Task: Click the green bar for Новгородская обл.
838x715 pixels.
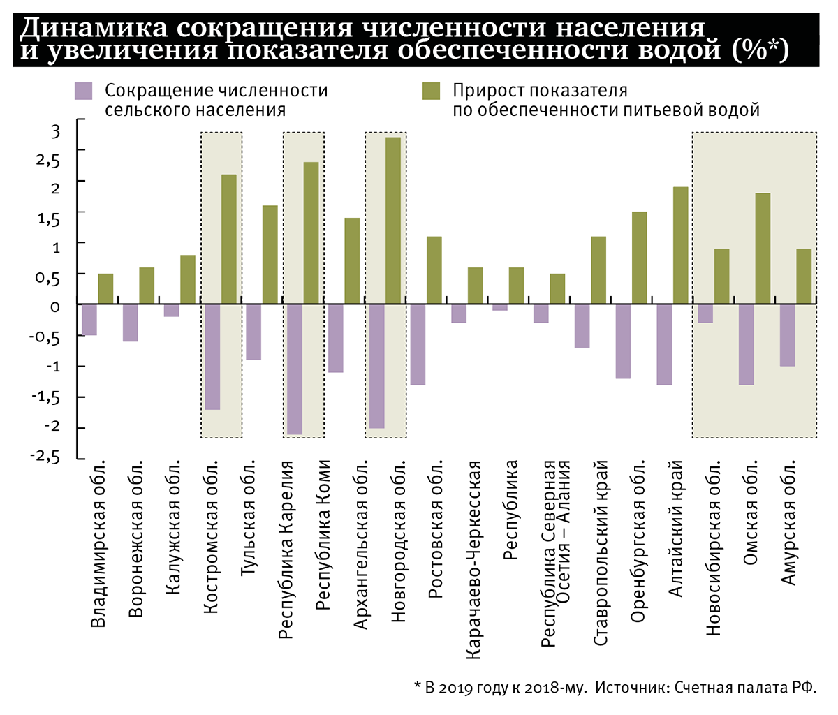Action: [x=393, y=220]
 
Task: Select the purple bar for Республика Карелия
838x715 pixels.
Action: [x=295, y=369]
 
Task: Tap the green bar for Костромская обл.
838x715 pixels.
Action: [x=229, y=239]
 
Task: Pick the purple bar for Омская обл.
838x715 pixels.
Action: [x=747, y=344]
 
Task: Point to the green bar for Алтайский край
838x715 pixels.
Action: [x=680, y=245]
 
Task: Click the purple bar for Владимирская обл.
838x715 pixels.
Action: [x=89, y=320]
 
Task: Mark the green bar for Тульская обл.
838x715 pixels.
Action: [x=270, y=254]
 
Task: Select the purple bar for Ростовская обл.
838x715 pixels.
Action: [x=418, y=344]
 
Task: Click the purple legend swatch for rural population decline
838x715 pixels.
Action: [x=83, y=91]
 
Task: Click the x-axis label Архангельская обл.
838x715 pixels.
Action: [x=361, y=545]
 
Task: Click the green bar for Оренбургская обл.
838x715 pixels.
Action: [x=640, y=258]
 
